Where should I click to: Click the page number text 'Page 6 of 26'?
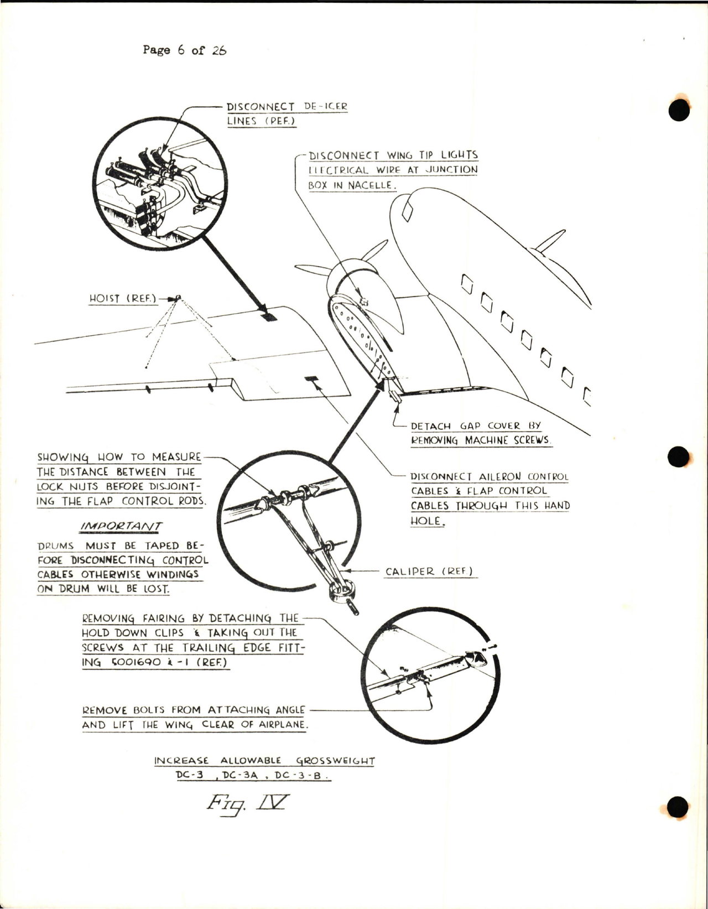(x=184, y=50)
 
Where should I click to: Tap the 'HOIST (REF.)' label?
(x=123, y=298)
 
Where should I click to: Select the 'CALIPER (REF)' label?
(x=429, y=572)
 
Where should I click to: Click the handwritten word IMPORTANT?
(x=121, y=527)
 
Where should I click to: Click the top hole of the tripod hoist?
(x=178, y=298)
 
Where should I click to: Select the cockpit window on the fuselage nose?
(x=408, y=210)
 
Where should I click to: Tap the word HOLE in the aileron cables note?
(x=427, y=521)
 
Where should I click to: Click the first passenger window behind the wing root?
(x=467, y=285)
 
